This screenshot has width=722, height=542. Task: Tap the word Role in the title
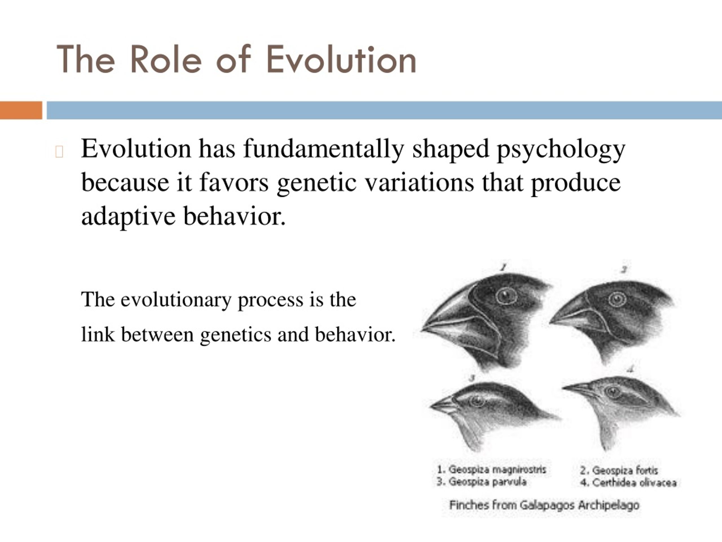tap(166, 60)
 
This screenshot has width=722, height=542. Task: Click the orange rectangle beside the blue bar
tap(21, 110)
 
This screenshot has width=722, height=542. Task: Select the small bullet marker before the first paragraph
tap(59, 152)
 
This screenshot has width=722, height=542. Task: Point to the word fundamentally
tap(323, 149)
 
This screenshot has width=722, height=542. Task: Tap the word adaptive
tap(128, 217)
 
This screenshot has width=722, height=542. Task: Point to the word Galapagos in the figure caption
tap(547, 505)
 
